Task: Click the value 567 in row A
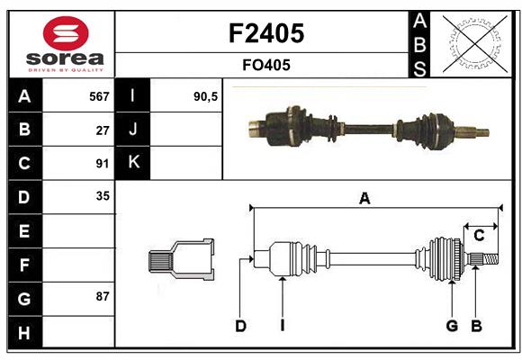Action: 98,96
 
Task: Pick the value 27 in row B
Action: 102,130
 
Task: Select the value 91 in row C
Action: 102,163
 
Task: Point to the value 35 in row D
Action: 102,196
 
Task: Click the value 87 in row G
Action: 102,296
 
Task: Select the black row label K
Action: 134,163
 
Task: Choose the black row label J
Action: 134,130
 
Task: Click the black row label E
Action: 24,230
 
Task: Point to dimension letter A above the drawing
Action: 364,199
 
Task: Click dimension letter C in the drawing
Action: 479,236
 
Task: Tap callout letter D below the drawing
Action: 240,326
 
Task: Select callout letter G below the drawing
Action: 452,326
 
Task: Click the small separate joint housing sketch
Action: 182,259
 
